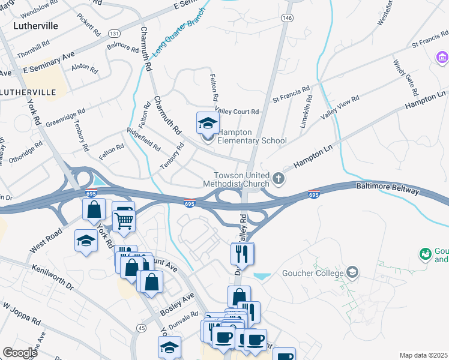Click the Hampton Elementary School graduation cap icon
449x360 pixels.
tap(208, 124)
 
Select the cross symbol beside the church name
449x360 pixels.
tap(278, 178)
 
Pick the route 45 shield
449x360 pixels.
tap(141, 328)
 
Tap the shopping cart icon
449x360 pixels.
tap(123, 217)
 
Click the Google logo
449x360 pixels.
tap(20, 353)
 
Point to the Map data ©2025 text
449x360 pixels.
tap(423, 355)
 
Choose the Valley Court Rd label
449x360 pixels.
tap(237, 112)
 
